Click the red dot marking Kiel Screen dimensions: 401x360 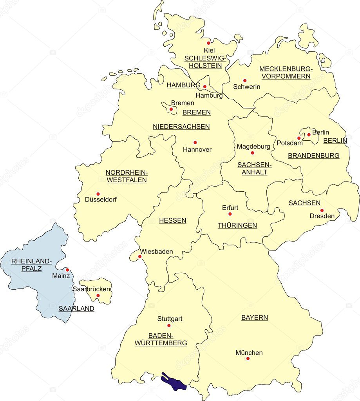pyautogui.click(x=208, y=43)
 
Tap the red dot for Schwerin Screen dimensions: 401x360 pyautogui.click(x=245, y=80)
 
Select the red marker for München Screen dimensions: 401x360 pyautogui.click(x=248, y=358)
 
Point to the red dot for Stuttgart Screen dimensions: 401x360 pyautogui.click(x=169, y=325)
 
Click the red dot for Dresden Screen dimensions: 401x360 pyautogui.click(x=322, y=210)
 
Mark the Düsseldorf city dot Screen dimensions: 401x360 pyautogui.click(x=98, y=194)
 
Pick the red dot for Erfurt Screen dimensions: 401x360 pyautogui.click(x=230, y=214)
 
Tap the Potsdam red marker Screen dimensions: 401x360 pyautogui.click(x=299, y=138)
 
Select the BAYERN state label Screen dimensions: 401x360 pyautogui.click(x=255, y=318)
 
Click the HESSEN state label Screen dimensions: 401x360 pyautogui.click(x=172, y=220)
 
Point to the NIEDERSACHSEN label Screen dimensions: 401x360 pyautogui.click(x=181, y=127)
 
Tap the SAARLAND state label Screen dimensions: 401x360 pyautogui.click(x=76, y=308)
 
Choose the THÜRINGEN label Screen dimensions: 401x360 pyautogui.click(x=237, y=225)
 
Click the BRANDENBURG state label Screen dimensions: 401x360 pyautogui.click(x=314, y=156)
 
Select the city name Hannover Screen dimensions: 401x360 pyautogui.click(x=197, y=149)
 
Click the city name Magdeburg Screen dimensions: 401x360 pyautogui.click(x=253, y=146)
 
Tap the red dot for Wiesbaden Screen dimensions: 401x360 pyautogui.click(x=140, y=257)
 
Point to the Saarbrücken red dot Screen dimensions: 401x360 pyautogui.click(x=98, y=296)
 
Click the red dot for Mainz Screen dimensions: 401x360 pyautogui.click(x=67, y=270)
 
